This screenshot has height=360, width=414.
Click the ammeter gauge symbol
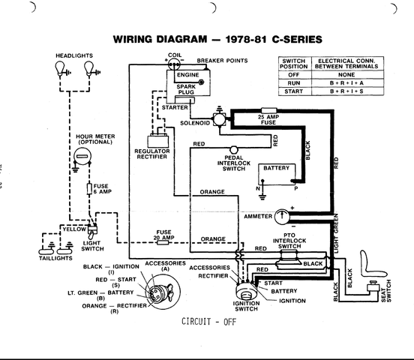pos(282,217)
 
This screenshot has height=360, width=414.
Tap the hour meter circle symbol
pos(82,156)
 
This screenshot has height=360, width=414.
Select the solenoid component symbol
pos(220,119)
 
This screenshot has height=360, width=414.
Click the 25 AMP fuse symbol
pos(268,110)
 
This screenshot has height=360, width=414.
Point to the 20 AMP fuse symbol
pos(163,242)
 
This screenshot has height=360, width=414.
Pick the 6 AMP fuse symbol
pos(89,189)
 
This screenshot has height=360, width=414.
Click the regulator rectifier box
pos(158,142)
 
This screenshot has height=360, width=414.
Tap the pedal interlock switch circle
pos(234,150)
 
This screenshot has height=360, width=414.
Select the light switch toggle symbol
pos(92,232)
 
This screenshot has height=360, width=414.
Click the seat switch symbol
pos(373,286)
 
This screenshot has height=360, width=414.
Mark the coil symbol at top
pos(174,64)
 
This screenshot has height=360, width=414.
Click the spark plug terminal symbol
pos(201,82)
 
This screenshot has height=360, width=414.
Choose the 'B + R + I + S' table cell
pos(347,91)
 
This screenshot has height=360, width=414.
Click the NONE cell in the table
pos(347,75)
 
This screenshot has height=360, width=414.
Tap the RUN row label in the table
pos(294,83)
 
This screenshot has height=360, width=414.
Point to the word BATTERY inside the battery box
pos(277,168)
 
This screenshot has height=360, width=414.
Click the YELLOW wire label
pos(74,229)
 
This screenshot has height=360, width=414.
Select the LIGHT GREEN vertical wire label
pos(336,234)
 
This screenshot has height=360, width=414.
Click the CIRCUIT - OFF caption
pos(208,322)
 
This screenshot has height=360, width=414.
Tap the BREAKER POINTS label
pos(222,61)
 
